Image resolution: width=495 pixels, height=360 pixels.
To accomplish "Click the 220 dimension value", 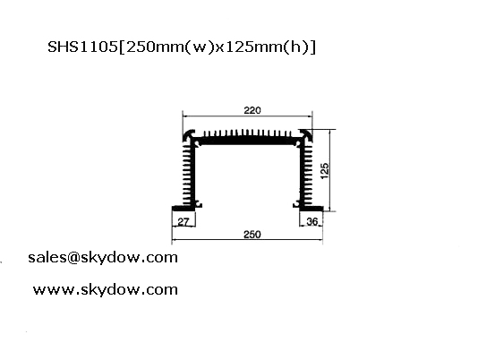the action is [252, 110].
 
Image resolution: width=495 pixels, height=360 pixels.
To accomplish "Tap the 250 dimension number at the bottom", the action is [252, 235].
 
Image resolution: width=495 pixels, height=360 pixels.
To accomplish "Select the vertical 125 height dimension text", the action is [325, 171].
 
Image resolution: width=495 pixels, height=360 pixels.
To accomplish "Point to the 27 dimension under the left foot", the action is [183, 222].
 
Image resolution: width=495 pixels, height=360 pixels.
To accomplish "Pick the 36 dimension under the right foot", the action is [312, 221].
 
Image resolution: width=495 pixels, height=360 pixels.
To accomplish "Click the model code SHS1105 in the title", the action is [82, 47].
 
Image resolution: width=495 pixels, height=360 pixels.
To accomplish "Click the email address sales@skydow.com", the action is [103, 258].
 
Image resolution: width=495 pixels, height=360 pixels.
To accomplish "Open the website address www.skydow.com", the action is [106, 290].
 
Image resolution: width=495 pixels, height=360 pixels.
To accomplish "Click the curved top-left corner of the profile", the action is [189, 135].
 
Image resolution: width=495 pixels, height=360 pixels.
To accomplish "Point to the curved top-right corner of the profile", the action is [306, 135].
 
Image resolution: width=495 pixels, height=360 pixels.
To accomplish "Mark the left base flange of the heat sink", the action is [183, 209].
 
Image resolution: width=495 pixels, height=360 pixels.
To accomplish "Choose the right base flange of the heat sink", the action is [311, 209].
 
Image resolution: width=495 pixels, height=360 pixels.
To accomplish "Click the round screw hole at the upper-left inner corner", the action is [198, 144].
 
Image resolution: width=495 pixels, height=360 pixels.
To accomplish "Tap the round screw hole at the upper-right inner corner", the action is [297, 144].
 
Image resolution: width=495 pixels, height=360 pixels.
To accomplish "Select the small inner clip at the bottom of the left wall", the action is [199, 205].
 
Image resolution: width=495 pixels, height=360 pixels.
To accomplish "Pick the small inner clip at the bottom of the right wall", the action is [296, 205].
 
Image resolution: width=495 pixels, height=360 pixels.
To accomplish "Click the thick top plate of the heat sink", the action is [247, 141].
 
